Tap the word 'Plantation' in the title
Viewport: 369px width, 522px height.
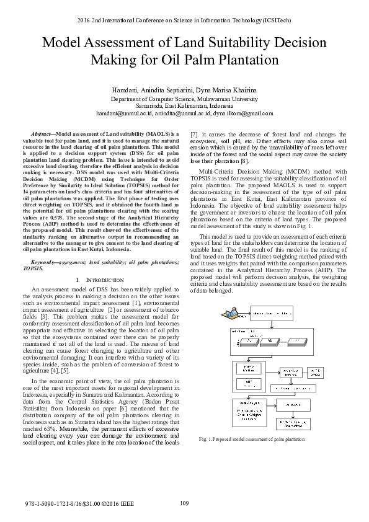(245, 60)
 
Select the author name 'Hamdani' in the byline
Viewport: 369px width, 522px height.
(125, 91)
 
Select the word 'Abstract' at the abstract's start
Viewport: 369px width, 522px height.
(42, 134)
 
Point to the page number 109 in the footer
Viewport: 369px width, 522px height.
(184, 503)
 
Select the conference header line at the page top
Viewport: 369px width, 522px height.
(184, 20)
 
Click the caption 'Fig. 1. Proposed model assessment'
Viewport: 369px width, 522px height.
(252, 439)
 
